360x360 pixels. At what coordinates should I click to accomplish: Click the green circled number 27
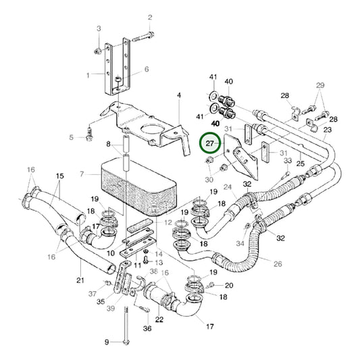tap(211, 144)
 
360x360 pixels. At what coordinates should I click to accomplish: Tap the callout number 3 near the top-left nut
tap(99, 28)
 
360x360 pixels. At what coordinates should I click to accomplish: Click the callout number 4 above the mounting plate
tap(179, 96)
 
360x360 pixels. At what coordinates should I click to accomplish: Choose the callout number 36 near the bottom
tap(147, 329)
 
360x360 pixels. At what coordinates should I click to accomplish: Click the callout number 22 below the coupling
tap(160, 319)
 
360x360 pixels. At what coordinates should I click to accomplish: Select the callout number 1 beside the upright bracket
tap(87, 75)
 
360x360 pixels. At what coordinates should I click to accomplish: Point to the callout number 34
tap(241, 243)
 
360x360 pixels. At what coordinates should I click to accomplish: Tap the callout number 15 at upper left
tap(59, 177)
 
